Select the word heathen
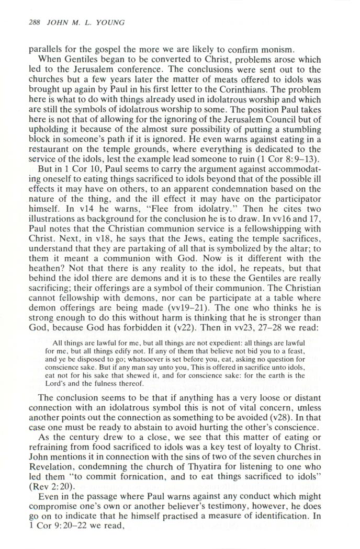(x=43, y=269)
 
